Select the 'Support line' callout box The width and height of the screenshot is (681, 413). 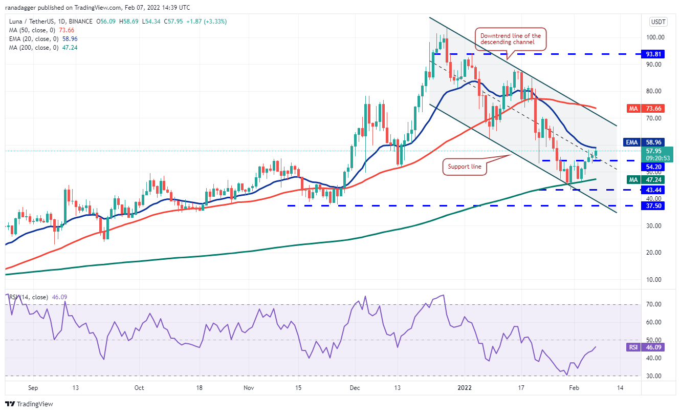[464, 166]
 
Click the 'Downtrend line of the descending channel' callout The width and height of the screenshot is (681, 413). [510, 39]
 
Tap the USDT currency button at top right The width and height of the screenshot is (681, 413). [657, 22]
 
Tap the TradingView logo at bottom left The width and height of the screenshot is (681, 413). [30, 404]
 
